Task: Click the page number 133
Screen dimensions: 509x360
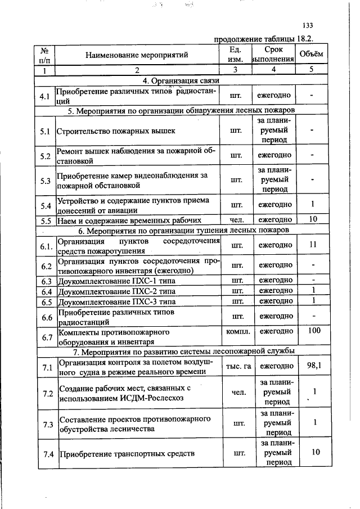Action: click(x=307, y=25)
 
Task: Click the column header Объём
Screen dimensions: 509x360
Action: click(x=311, y=54)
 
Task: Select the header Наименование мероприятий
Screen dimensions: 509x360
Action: click(x=136, y=55)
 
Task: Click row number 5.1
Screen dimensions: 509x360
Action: click(x=45, y=131)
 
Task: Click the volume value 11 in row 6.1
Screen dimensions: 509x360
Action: click(x=313, y=245)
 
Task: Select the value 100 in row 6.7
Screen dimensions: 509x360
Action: click(x=313, y=331)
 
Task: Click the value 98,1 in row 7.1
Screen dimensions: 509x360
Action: click(x=313, y=366)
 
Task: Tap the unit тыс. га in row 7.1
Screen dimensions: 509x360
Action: click(x=238, y=366)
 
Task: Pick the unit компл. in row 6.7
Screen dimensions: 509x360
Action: click(x=237, y=332)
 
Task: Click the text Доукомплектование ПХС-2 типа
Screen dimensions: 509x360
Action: click(x=117, y=291)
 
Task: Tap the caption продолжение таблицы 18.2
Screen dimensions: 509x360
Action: click(x=263, y=39)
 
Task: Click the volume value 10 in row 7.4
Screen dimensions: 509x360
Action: click(x=315, y=452)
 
